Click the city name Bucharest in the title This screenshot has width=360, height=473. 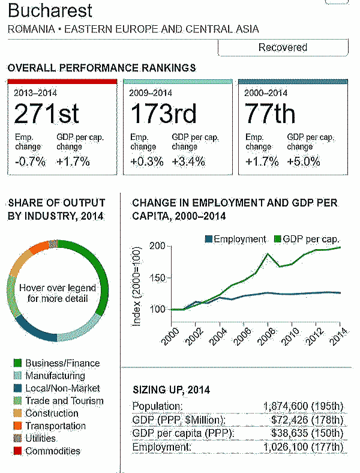(50, 11)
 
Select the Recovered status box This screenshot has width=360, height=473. (282, 47)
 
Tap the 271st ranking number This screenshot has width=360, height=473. (47, 113)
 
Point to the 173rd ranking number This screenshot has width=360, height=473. (160, 113)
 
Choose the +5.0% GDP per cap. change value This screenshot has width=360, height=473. (304, 161)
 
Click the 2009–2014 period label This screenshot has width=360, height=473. (151, 93)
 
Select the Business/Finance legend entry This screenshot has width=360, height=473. (62, 363)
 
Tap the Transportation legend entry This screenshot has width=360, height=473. (55, 426)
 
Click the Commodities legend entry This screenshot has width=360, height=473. (52, 451)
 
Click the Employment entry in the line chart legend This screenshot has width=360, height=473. (235, 239)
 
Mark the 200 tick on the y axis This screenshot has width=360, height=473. (158, 246)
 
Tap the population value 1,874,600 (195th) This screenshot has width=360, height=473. (304, 406)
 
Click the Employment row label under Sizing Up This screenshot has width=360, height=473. (161, 447)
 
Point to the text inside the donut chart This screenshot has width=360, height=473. (58, 292)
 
